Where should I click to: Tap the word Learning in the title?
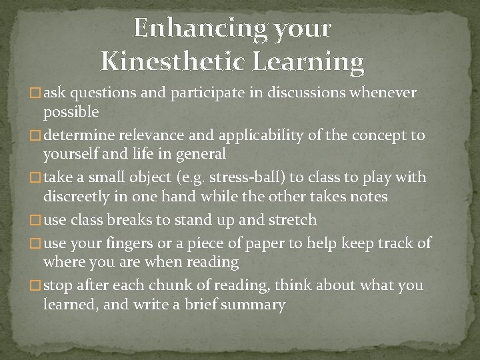309,62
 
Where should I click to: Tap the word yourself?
72,154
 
